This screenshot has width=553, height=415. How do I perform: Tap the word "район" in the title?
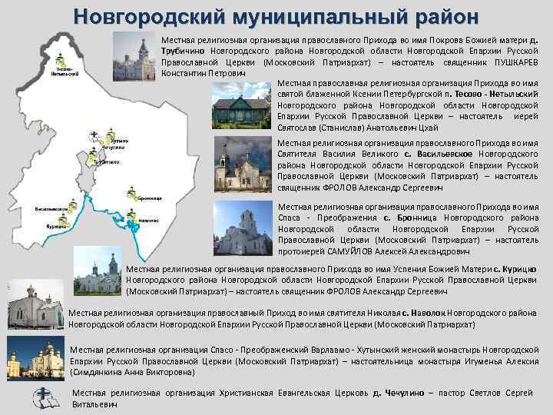[x=439, y=15]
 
